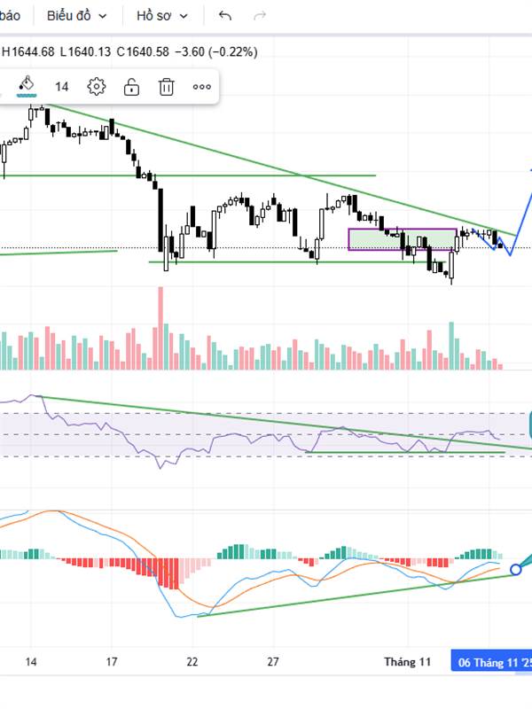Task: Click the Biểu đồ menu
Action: click(x=77, y=16)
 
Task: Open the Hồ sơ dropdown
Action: click(x=162, y=16)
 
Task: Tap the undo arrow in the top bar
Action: click(x=224, y=16)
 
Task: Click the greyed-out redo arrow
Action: click(x=260, y=16)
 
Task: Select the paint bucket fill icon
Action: click(x=27, y=86)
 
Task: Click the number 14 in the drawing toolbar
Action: click(x=61, y=86)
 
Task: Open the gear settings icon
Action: click(x=97, y=86)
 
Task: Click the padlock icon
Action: click(x=131, y=86)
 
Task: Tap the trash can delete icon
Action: click(x=166, y=86)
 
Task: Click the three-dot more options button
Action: click(x=201, y=86)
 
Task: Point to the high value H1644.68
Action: click(x=28, y=51)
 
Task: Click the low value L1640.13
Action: click(x=86, y=51)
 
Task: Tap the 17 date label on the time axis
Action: click(x=112, y=661)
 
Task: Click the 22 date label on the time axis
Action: click(x=193, y=661)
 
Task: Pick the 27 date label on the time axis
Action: click(x=274, y=661)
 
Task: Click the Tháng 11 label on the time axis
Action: click(x=407, y=661)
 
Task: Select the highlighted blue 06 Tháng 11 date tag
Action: click(x=492, y=661)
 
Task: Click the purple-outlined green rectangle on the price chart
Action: click(x=403, y=239)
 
